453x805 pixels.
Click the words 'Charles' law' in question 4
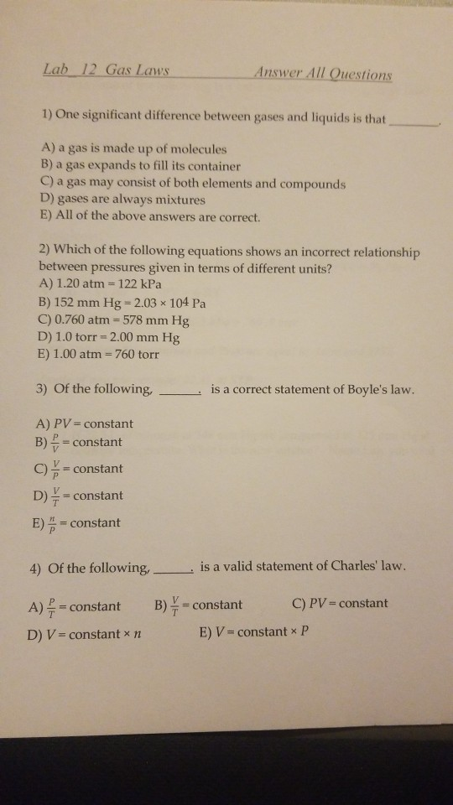tap(367, 567)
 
